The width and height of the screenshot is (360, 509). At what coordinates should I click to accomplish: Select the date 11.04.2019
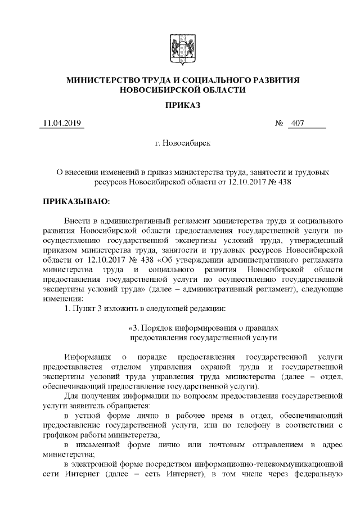[62, 124]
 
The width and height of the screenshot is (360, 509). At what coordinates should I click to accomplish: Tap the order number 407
[296, 124]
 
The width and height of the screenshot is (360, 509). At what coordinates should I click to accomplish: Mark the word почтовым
[232, 445]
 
